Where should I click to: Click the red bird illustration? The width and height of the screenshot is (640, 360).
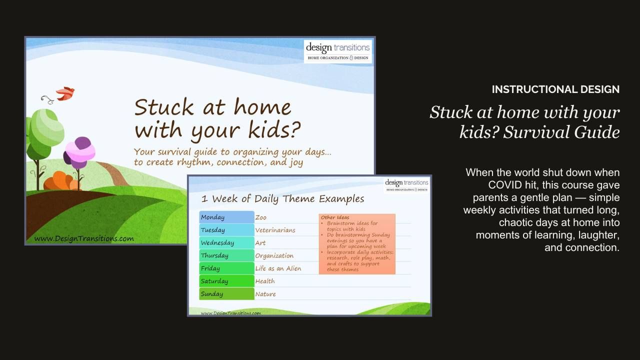[x=65, y=93]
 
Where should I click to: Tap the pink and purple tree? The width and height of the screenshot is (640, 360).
[x=80, y=152]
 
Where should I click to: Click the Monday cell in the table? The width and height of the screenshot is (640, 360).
[x=226, y=217]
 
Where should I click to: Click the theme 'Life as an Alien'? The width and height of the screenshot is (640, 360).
[x=278, y=268]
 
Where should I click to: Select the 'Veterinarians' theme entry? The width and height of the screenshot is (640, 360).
[x=275, y=230]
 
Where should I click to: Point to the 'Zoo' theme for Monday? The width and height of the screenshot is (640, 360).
[x=261, y=217]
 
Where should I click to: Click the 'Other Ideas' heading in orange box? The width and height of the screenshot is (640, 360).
[x=335, y=217]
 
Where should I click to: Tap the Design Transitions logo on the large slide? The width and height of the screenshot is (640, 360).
[x=338, y=51]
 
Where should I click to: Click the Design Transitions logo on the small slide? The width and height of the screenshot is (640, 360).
[x=406, y=185]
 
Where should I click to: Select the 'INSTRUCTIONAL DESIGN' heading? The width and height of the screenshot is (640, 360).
[x=555, y=89]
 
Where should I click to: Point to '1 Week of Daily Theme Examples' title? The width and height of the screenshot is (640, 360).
[x=282, y=199]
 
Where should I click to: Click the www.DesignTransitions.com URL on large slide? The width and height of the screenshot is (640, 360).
[x=83, y=238]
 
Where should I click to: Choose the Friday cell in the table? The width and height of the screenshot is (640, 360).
[x=226, y=268]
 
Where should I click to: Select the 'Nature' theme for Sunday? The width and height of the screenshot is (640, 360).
[x=265, y=294]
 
